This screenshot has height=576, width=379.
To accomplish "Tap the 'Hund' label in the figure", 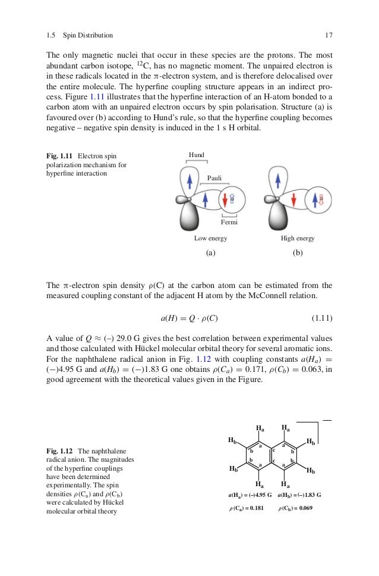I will pyautogui.click(x=197, y=155).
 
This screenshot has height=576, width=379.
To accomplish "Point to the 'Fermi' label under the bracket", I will pyautogui.click(x=229, y=222).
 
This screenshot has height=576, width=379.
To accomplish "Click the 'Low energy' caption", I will pyautogui.click(x=210, y=238).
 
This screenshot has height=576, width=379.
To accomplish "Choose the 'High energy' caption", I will pyautogui.click(x=298, y=238).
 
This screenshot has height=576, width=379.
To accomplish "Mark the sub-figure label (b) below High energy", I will pyautogui.click(x=298, y=252).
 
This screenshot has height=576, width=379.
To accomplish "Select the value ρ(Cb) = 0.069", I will pyautogui.click(x=295, y=508).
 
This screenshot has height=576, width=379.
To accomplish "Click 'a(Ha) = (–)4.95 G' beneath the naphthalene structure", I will pyautogui.click(x=249, y=494).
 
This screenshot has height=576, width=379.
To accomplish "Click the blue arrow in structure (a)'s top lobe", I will pyautogui.click(x=189, y=179).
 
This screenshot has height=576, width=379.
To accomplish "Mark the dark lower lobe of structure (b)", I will pyautogui.click(x=277, y=217).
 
